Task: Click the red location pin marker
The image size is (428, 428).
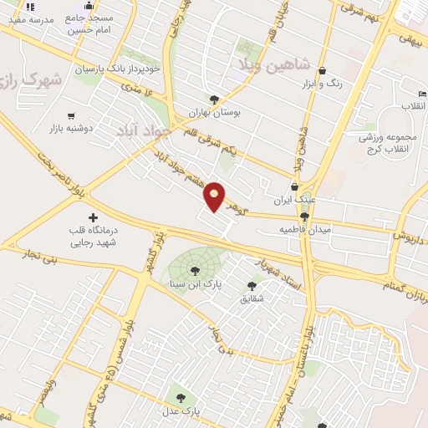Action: [x=215, y=196]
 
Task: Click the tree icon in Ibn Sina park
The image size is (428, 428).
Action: [x=195, y=270]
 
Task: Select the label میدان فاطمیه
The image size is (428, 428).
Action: [x=305, y=229]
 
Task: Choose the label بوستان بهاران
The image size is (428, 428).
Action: [x=217, y=111]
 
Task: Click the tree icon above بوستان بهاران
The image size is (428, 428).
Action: [x=215, y=98]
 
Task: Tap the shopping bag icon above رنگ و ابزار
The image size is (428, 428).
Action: [x=323, y=71]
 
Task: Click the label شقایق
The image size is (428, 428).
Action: [x=251, y=298]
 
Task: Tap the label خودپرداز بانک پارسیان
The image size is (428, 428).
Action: [x=116, y=69]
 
